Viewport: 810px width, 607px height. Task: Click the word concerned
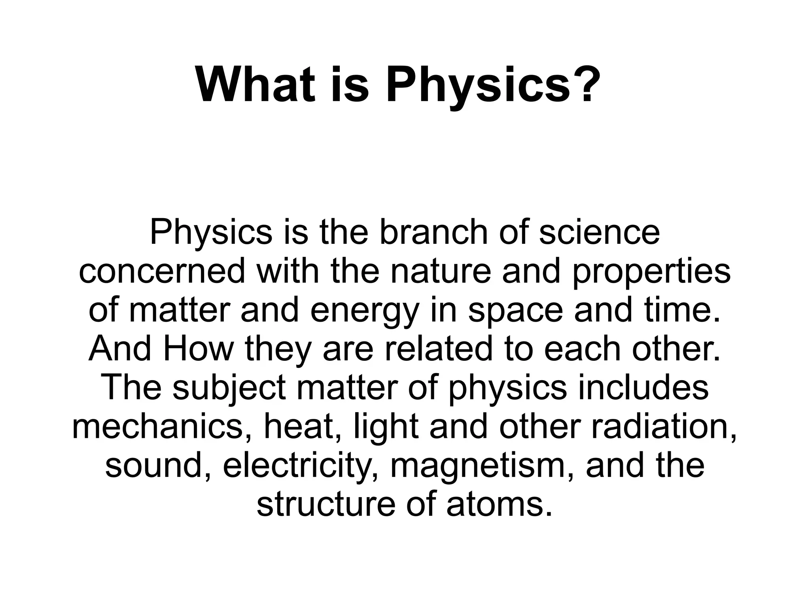pos(162,272)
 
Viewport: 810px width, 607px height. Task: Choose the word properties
pos(651,273)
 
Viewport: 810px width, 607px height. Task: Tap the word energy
pos(364,311)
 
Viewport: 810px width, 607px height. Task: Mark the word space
pos(515,311)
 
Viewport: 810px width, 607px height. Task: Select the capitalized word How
pos(199,349)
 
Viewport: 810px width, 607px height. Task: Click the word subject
pos(229,389)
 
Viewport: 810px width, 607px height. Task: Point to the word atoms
pos(499,504)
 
